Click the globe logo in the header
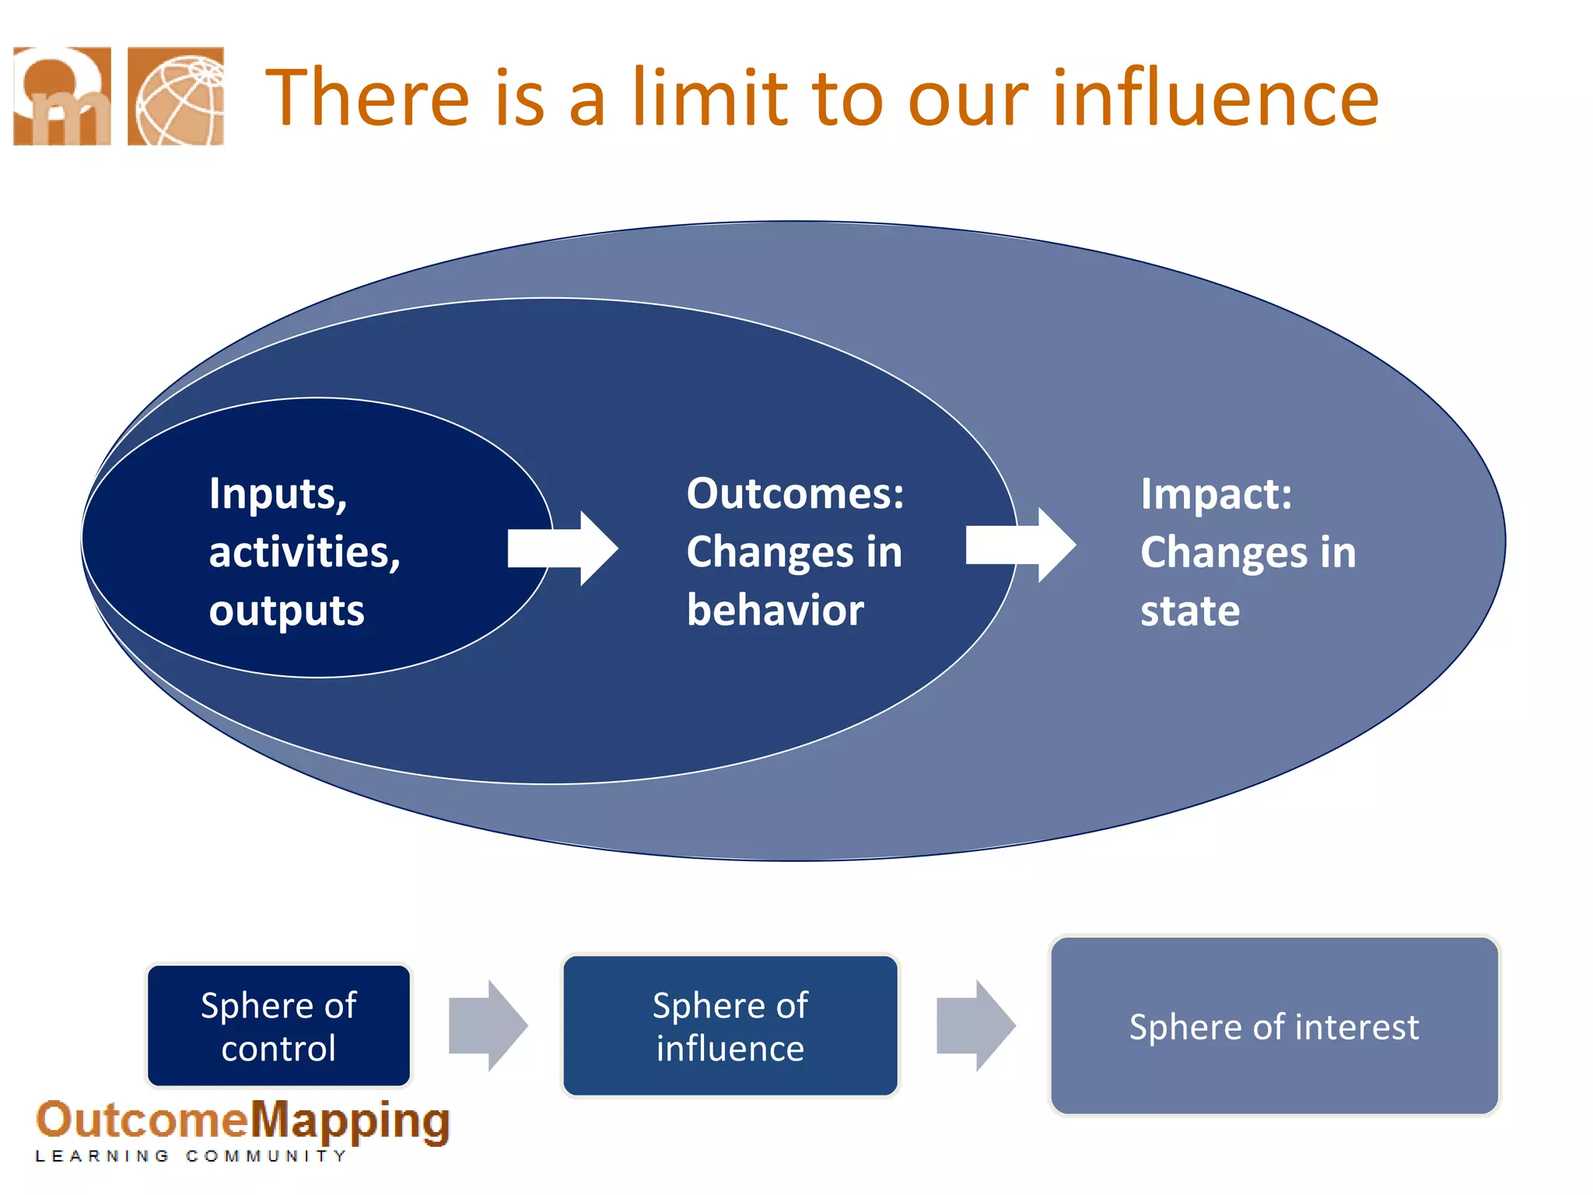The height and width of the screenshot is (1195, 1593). click(176, 96)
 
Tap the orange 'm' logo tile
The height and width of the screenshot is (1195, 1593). click(62, 96)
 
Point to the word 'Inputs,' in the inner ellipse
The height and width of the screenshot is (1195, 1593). click(278, 494)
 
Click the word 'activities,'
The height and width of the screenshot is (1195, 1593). click(304, 552)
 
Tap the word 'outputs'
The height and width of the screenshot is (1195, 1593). click(286, 611)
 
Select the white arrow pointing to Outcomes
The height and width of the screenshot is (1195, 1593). click(562, 548)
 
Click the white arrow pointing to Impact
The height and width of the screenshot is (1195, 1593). click(1021, 545)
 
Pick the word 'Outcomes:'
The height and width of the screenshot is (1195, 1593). click(795, 493)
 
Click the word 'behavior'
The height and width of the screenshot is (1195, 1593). click(775, 610)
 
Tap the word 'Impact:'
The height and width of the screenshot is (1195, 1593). click(1216, 493)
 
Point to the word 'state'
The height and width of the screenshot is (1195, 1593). click(1190, 611)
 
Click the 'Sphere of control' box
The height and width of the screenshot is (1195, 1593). click(278, 1025)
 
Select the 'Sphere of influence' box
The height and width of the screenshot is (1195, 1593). click(730, 1025)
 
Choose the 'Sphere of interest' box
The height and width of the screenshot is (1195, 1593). click(1274, 1026)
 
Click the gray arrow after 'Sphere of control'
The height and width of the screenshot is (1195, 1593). click(488, 1025)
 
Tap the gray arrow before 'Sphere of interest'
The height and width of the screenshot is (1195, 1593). click(975, 1025)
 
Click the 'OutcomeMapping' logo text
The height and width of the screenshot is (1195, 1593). click(243, 1121)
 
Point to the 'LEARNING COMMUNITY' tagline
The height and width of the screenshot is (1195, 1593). click(191, 1156)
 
